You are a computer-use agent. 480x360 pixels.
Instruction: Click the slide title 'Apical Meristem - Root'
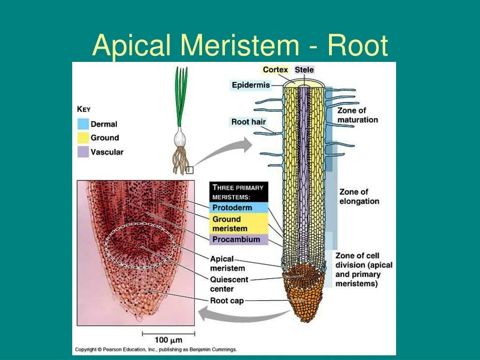point(240,46)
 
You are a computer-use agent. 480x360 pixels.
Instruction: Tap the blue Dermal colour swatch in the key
point(83,124)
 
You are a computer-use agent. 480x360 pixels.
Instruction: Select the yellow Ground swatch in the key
point(83,138)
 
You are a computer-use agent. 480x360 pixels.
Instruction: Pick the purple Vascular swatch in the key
point(83,152)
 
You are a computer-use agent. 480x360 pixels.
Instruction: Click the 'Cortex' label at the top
point(275,70)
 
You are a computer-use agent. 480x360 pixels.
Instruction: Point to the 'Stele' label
point(304,70)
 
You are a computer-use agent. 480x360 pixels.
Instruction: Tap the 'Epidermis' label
point(251,85)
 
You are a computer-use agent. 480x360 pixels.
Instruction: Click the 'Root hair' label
point(248,122)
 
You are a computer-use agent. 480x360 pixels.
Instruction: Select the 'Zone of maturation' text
point(357,115)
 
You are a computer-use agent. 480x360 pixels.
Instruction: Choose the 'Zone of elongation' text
point(359,196)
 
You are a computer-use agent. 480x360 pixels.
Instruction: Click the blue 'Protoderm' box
point(239,208)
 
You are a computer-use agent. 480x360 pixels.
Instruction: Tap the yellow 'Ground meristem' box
point(239,224)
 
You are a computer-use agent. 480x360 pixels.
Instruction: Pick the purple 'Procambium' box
point(239,240)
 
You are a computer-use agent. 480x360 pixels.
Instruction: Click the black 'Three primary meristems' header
point(239,192)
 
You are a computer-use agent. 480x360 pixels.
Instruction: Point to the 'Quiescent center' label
point(229,284)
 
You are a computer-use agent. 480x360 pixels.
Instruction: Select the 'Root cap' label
point(227,300)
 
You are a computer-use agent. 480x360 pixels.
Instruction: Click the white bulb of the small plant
point(180,139)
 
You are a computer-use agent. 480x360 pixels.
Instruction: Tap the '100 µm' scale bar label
point(168,340)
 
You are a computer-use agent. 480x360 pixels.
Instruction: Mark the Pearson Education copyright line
point(156,350)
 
